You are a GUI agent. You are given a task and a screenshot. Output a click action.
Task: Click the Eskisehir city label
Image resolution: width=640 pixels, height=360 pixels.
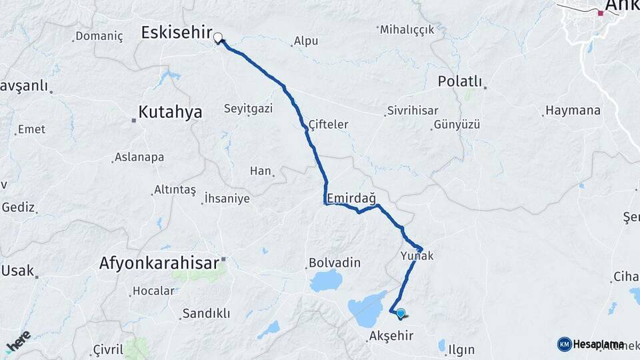(177, 33)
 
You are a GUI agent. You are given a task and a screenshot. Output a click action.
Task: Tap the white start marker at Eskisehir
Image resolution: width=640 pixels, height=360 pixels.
(217, 38)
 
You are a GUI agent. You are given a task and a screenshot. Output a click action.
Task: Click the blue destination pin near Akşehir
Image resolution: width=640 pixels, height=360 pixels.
(400, 313)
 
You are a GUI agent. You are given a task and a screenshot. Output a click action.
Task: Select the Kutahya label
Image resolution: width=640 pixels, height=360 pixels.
(170, 112)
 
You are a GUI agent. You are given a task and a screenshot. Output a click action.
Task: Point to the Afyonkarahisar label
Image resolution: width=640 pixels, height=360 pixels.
(159, 263)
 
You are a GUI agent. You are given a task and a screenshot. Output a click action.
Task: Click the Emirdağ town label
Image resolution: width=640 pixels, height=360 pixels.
(351, 199)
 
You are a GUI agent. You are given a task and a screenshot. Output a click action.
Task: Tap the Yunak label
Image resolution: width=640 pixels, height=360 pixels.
(417, 256)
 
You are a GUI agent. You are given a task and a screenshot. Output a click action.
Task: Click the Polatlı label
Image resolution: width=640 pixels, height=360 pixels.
(460, 81)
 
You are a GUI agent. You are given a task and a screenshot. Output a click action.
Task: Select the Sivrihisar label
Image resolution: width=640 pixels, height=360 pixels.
(414, 111)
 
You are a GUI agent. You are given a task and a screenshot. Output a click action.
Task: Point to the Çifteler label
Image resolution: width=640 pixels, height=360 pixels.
(329, 125)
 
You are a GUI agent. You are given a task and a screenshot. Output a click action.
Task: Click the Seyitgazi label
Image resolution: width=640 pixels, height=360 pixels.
(248, 109)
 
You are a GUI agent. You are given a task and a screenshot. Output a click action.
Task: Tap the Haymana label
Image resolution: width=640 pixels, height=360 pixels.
(573, 111)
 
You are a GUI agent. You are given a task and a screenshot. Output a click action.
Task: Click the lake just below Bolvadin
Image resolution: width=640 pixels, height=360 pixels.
(326, 281)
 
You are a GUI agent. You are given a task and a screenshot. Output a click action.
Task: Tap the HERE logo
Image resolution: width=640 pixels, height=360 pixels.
(18, 342)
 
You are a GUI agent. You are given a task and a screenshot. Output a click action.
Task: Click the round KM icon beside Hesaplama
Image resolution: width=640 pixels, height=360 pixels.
(564, 344)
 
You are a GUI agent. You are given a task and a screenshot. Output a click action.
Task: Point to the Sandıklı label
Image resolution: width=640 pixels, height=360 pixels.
(206, 313)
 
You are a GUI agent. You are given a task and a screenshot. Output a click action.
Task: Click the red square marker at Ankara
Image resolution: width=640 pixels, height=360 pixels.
(600, 13)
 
